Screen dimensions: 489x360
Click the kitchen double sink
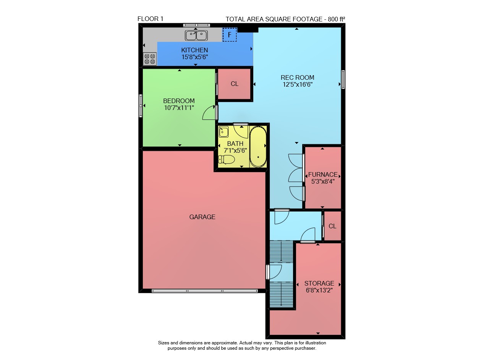[196, 36]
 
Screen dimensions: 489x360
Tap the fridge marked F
[230, 35]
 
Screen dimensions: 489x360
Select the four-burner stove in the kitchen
[150, 59]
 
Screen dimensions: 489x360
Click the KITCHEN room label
[194, 50]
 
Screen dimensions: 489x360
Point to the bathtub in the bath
[258, 147]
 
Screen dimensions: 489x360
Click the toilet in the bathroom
[227, 160]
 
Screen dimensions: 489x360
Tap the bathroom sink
[223, 132]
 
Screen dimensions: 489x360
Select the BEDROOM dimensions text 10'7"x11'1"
[179, 108]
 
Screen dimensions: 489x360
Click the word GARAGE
[202, 217]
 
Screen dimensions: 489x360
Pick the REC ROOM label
[297, 77]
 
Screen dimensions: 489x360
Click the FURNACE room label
[323, 175]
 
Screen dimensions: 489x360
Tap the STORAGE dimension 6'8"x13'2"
[319, 291]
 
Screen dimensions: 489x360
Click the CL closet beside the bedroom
[235, 84]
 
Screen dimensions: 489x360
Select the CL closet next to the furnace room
[332, 226]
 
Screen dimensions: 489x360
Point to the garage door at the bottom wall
[205, 291]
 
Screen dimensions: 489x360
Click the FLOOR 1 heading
[151, 19]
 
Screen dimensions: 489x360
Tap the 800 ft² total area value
[337, 19]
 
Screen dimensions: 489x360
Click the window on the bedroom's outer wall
[141, 106]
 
